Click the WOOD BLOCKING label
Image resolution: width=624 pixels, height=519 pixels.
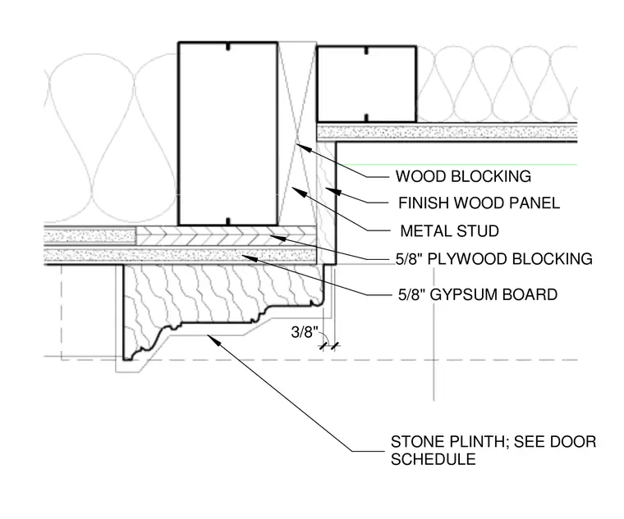pyautogui.click(x=463, y=176)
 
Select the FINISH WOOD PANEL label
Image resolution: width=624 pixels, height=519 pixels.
pyautogui.click(x=479, y=203)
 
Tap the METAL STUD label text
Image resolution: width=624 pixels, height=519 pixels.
pyautogui.click(x=450, y=231)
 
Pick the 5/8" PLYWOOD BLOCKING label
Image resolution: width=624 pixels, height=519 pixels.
pyautogui.click(x=494, y=259)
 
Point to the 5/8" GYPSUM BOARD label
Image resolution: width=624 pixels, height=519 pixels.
pyautogui.click(x=478, y=294)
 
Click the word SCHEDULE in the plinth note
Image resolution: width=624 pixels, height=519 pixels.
pyautogui.click(x=434, y=459)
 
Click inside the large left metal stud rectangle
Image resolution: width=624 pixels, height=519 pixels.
pyautogui.click(x=227, y=134)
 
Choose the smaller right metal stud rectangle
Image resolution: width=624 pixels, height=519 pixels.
pyautogui.click(x=366, y=84)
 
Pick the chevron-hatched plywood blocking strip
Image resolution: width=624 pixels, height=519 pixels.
pyautogui.click(x=226, y=236)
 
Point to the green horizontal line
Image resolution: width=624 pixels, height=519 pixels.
pyautogui.click(x=457, y=164)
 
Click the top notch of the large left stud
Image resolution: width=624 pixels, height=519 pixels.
pyautogui.click(x=227, y=47)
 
